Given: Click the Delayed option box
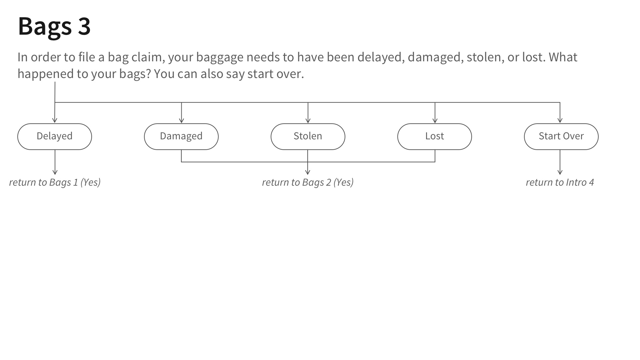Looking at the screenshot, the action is point(55,137).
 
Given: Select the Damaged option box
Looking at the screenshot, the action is point(181,137).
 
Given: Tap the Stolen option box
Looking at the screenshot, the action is point(308,137).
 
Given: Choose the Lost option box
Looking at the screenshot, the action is point(435,137).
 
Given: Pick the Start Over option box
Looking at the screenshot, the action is point(561,137).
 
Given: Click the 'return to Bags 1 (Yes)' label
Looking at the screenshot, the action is point(55,182).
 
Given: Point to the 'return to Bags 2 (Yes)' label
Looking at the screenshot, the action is point(308,182).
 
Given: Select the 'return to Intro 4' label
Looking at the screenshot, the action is point(560,182).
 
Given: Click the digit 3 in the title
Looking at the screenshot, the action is point(84,26).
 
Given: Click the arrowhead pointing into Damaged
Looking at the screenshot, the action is point(181,120).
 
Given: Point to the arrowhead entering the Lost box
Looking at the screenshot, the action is point(435,120).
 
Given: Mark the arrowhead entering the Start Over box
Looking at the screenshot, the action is point(560,120).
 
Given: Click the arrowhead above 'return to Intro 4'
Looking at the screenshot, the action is point(560,172).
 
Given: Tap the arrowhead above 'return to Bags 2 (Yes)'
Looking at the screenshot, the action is point(308,172).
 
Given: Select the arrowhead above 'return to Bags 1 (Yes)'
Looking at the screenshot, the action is point(55,172).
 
